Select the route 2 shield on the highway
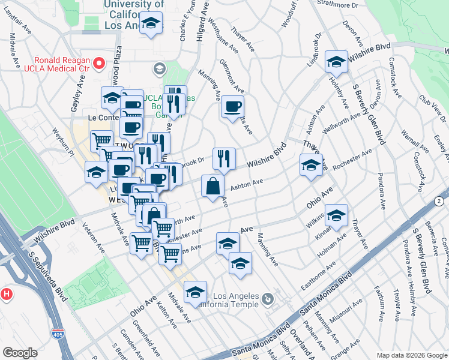click(x=439, y=200)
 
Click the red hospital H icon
click(x=7, y=294)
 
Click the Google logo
click(x=20, y=353)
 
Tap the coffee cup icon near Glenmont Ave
click(x=232, y=107)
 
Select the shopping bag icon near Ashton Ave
click(x=212, y=185)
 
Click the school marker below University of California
click(x=151, y=25)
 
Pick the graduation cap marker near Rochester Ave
click(x=310, y=165)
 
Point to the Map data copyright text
click(x=411, y=355)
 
